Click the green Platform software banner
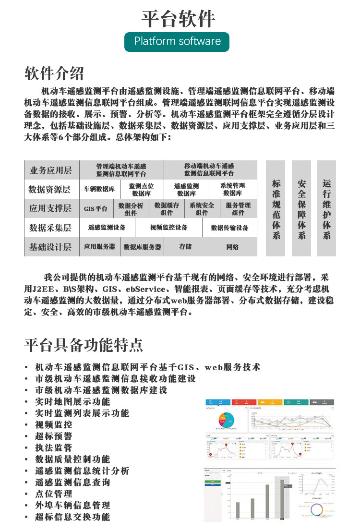click(177, 41)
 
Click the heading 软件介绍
click(54, 73)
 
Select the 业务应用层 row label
click(51, 170)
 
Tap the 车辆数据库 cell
click(99, 189)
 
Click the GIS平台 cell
click(96, 208)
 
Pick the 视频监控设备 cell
click(168, 228)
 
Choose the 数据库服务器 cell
click(142, 247)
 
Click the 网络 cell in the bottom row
click(232, 247)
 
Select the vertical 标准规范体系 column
click(276, 208)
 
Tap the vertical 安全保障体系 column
click(301, 208)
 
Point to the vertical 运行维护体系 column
click(326, 208)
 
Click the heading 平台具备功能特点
click(84, 344)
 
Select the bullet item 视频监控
click(54, 424)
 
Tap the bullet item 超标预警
click(54, 436)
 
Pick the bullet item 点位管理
click(54, 494)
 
